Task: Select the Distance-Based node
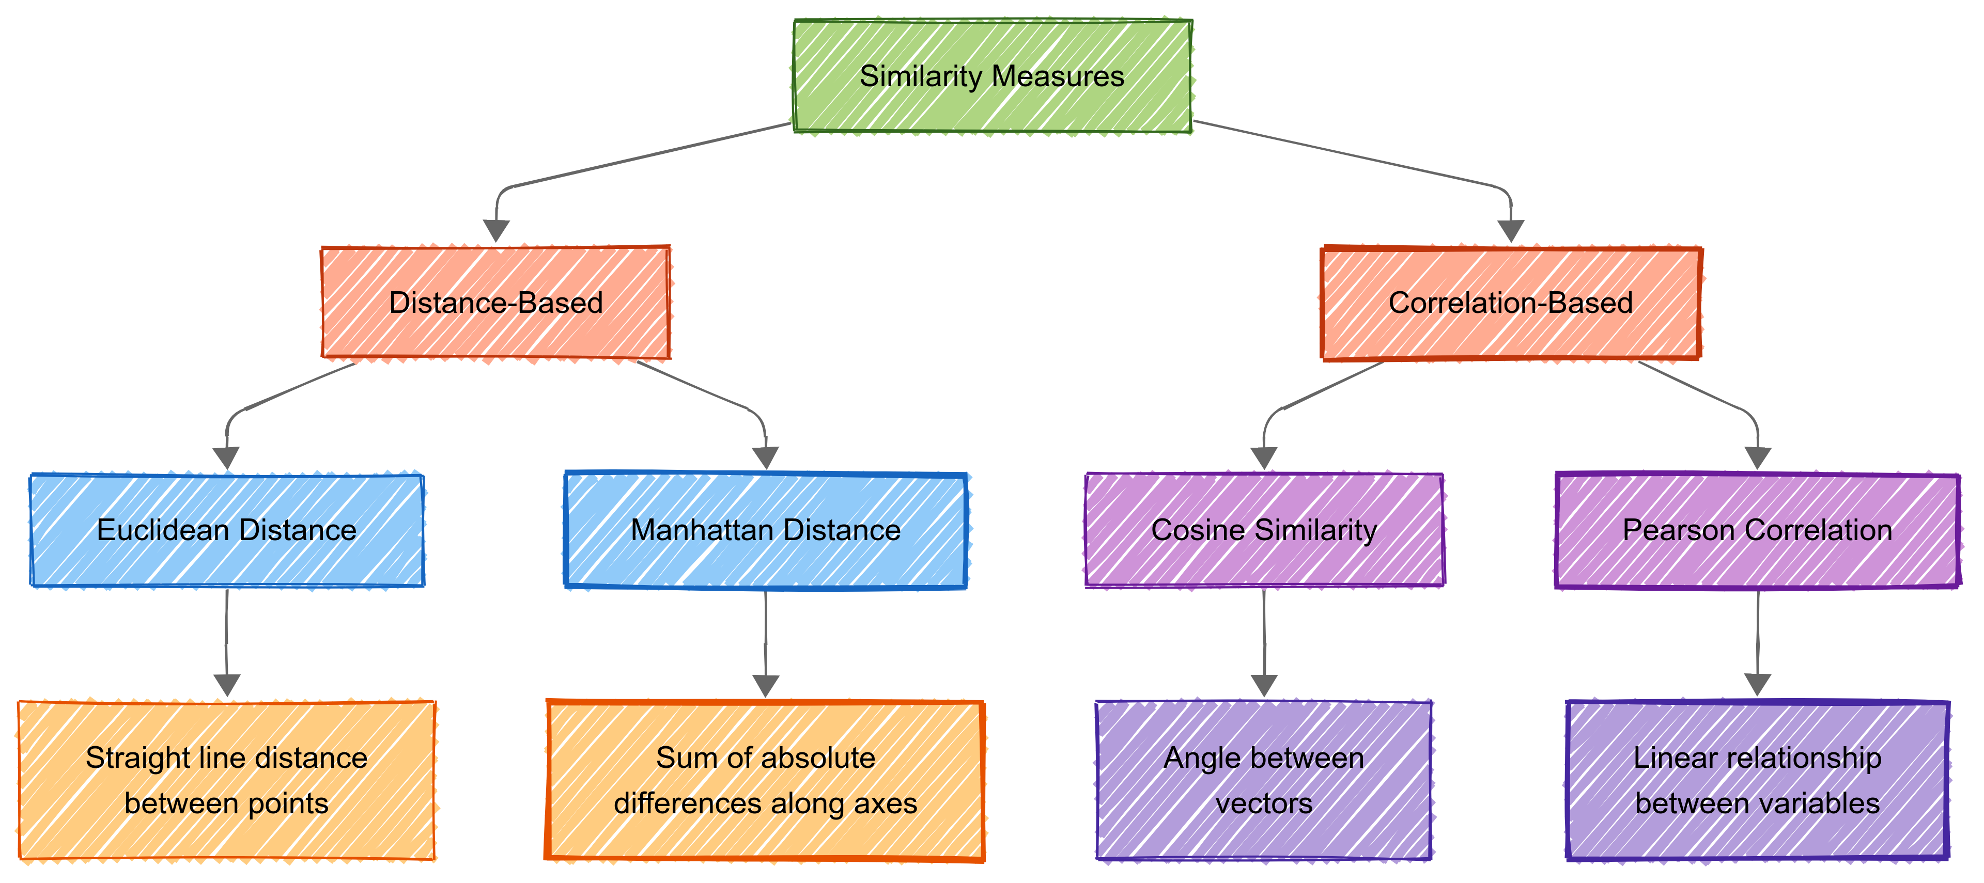[x=496, y=303]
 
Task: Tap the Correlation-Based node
[x=1510, y=303]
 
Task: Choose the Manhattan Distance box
[x=766, y=530]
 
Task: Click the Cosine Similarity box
[x=1264, y=530]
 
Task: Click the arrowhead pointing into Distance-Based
[x=496, y=230]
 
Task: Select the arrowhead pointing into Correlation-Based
[x=1511, y=230]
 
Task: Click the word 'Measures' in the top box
[x=1058, y=76]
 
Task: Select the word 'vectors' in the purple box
[x=1264, y=803]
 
